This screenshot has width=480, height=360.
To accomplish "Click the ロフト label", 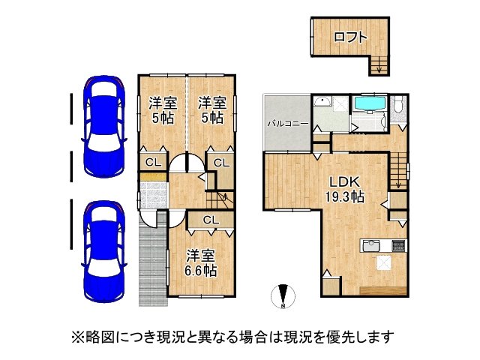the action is point(350,37).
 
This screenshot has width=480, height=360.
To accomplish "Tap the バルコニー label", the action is point(288,124).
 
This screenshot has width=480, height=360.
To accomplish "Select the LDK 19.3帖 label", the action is point(344,190).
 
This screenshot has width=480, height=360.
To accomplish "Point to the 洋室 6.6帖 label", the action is point(201,263).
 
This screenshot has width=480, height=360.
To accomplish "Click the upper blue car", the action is point(104,127).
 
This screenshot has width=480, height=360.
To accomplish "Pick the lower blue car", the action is point(104,252).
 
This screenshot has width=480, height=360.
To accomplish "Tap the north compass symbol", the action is point(283,296).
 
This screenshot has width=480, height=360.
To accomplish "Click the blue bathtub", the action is point(370,105).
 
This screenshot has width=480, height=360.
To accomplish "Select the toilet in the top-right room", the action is point(398,105).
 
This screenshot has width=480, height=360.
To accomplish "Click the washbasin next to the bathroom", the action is point(322,102).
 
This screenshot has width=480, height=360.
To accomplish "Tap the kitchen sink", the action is point(371,245).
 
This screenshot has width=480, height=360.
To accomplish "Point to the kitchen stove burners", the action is point(399,245).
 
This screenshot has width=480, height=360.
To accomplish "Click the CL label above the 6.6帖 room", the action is point(211,220).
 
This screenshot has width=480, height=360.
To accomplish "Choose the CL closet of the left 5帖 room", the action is point(153,162).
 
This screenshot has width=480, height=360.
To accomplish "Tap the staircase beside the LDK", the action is point(398,170).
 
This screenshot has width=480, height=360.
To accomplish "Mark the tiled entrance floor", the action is point(153,195).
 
